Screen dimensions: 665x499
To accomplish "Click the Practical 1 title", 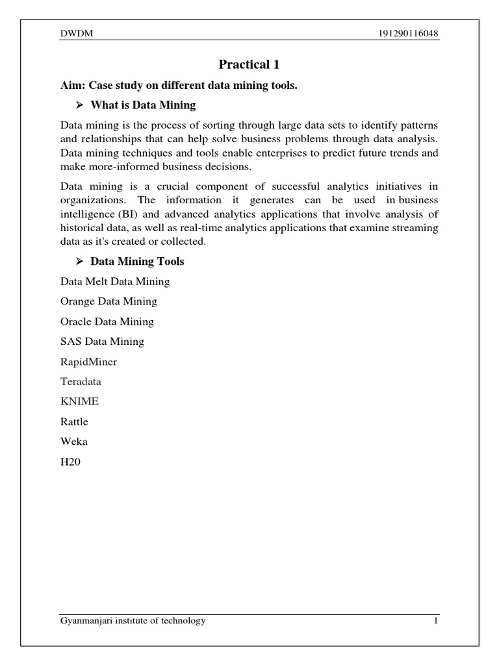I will point(249,64).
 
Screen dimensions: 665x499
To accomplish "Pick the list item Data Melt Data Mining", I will point(115,281).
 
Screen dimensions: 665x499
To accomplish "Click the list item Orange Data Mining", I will point(109,301).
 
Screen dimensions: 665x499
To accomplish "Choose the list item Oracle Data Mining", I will point(107,321).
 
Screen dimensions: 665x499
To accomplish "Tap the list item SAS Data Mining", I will point(102,341).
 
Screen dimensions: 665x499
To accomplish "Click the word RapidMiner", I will point(88,361).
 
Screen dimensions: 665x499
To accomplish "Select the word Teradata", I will point(81,381).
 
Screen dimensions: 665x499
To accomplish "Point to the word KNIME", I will point(79,401).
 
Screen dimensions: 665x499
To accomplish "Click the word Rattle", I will point(74,421).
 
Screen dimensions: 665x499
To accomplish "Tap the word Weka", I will point(73,442).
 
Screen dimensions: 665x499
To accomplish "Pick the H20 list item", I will point(69,462).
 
